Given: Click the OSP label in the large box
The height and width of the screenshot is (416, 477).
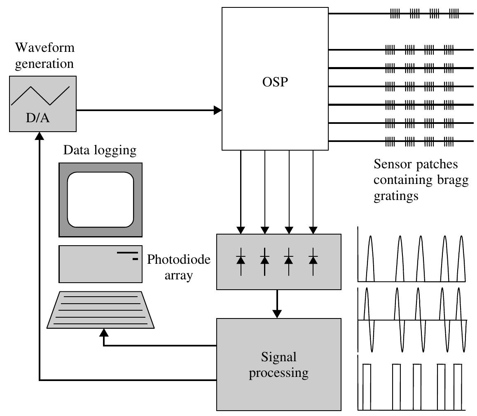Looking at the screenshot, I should pos(275,82).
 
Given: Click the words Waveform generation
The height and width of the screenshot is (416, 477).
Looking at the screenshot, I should pos(44,56).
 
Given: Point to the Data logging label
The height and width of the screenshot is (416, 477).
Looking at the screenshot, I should pos(99,151).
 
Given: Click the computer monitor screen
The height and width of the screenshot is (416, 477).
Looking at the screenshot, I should pos(101,200).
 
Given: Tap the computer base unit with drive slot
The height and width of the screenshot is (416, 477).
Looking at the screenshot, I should pos(101,264).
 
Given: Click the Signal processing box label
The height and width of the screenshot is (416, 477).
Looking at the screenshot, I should pos(279,365).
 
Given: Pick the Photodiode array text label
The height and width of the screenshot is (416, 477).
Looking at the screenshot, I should pos(179,267).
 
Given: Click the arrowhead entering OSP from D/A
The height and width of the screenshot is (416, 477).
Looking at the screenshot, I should pos(218,110).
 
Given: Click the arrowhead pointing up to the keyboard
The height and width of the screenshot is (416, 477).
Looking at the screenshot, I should pos(103,332).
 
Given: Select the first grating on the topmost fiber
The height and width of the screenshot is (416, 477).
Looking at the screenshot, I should pos(395,14).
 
